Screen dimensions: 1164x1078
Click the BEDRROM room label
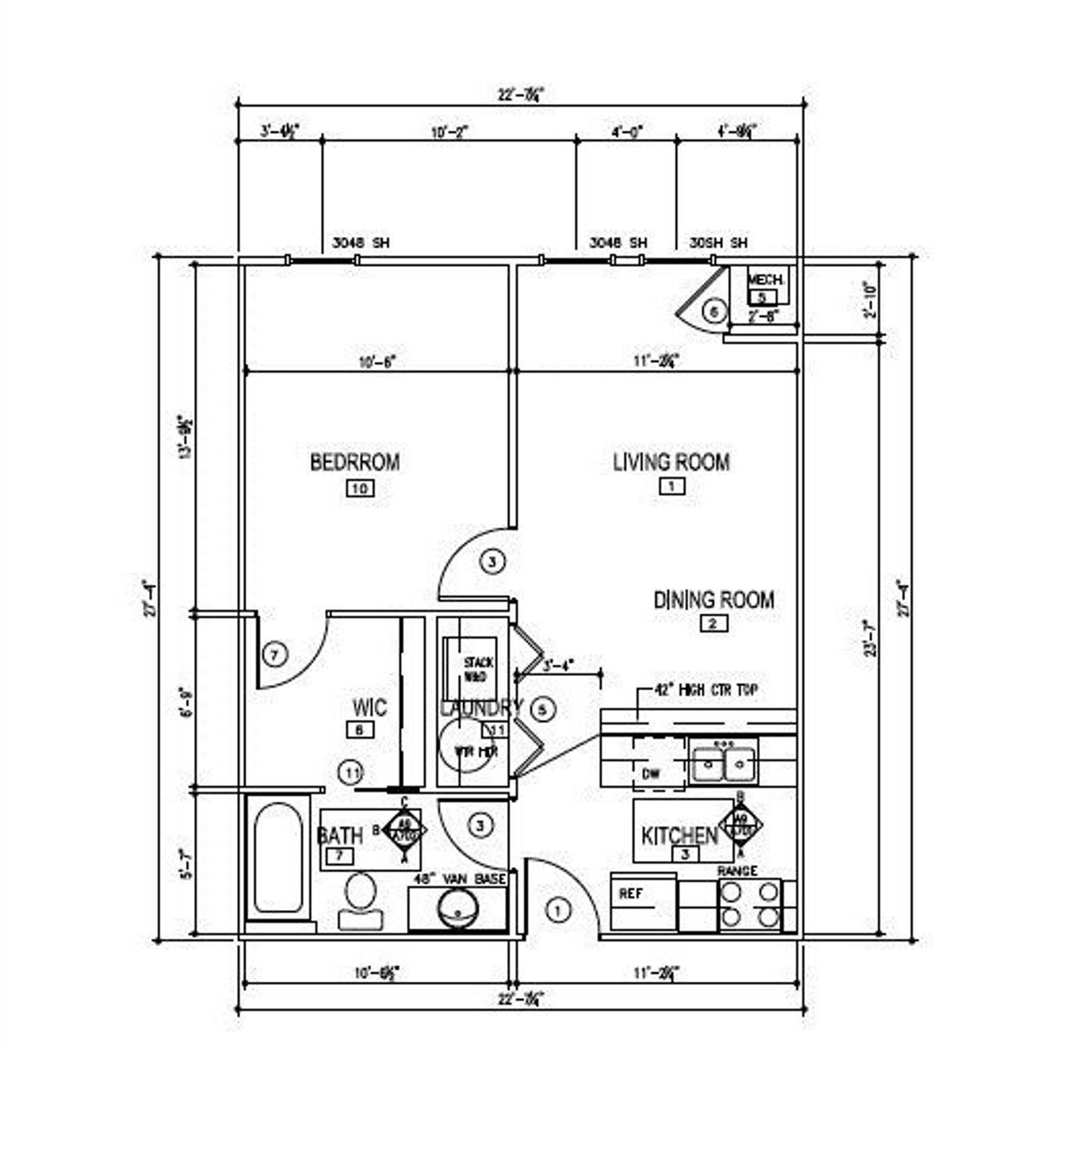pyautogui.click(x=355, y=462)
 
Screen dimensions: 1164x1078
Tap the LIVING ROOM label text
pyautogui.click(x=671, y=462)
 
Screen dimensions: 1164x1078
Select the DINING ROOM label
pyautogui.click(x=714, y=600)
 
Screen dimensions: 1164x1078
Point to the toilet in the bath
pyautogui.click(x=360, y=901)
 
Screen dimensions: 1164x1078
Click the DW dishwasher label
pyautogui.click(x=651, y=774)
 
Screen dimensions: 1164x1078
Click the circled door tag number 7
pyautogui.click(x=275, y=655)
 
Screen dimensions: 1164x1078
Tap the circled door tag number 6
pyautogui.click(x=714, y=312)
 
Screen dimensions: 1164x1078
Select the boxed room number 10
pyautogui.click(x=360, y=488)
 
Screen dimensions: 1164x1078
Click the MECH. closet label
pyautogui.click(x=766, y=280)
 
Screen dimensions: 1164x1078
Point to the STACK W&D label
pyautogui.click(x=478, y=669)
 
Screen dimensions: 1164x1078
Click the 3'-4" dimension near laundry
pyautogui.click(x=558, y=666)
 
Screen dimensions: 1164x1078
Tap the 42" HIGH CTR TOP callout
pyautogui.click(x=706, y=690)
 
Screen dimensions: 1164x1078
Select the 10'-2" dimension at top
pyautogui.click(x=450, y=132)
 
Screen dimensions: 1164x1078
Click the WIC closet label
pyautogui.click(x=369, y=707)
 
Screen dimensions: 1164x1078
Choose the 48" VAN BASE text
pyautogui.click(x=460, y=879)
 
